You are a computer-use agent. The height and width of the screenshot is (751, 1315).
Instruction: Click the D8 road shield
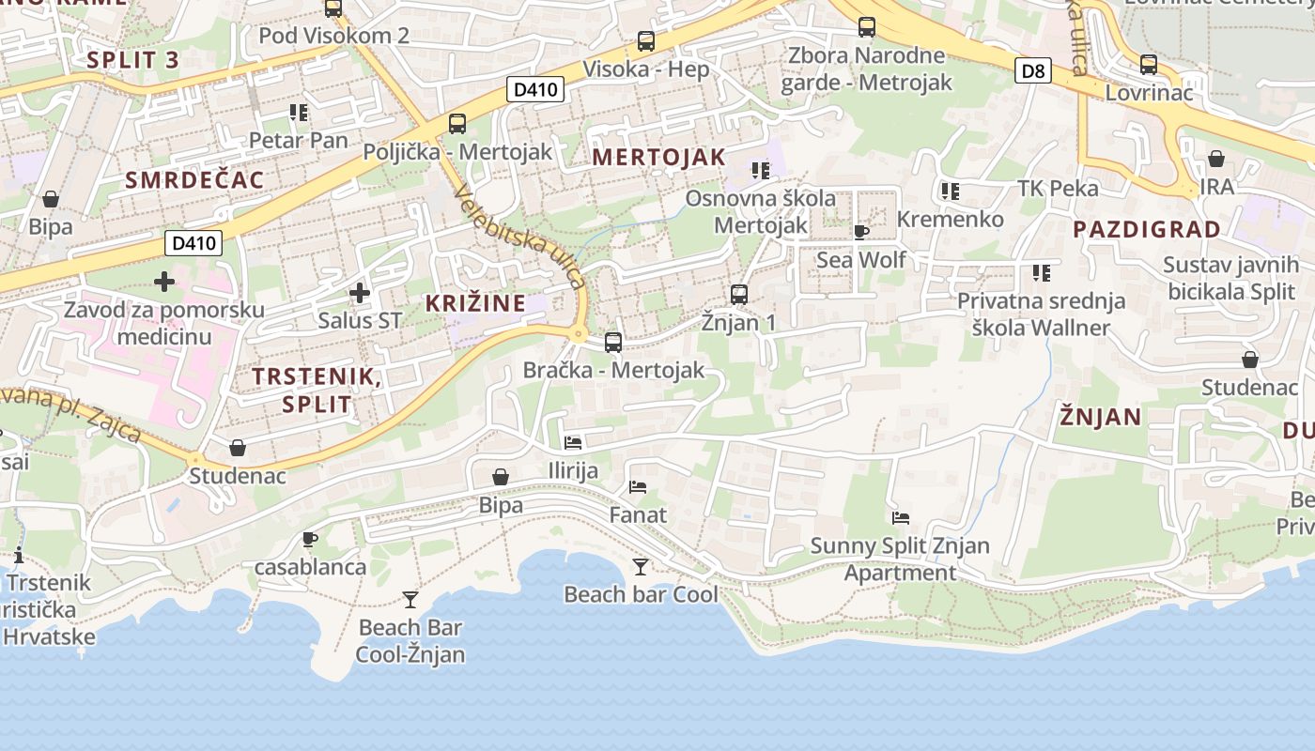[1032, 70]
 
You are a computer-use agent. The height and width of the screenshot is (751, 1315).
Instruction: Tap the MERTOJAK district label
[659, 158]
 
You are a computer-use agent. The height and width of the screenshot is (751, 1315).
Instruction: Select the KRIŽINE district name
[475, 303]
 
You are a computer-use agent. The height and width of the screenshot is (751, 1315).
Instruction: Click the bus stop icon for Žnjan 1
[739, 295]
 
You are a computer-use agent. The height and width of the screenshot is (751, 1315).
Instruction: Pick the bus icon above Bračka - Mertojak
[613, 343]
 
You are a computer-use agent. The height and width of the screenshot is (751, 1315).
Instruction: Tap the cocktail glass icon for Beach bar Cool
[641, 567]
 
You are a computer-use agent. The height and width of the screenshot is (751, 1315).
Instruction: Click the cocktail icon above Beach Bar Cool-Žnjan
[410, 600]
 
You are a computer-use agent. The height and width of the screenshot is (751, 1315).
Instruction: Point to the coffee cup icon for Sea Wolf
[860, 232]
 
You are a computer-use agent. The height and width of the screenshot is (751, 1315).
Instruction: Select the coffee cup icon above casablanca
[310, 540]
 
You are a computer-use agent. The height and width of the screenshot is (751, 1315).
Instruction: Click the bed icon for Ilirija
[573, 442]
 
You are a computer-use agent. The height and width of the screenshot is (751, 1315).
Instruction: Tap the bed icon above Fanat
[638, 487]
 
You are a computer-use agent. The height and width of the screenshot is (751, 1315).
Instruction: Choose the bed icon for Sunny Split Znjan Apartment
[900, 517]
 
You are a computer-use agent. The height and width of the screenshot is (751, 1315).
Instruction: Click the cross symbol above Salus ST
[359, 293]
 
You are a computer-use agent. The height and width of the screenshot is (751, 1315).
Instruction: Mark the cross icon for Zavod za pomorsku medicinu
[164, 281]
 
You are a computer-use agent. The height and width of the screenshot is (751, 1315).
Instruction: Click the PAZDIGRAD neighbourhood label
[1147, 229]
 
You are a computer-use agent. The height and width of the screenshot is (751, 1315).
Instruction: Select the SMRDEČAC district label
[194, 180]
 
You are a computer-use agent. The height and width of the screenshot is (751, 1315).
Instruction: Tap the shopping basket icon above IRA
[1216, 159]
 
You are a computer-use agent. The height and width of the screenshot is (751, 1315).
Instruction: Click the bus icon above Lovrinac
[1149, 65]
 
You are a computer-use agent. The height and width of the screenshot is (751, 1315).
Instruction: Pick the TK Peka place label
[1058, 189]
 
